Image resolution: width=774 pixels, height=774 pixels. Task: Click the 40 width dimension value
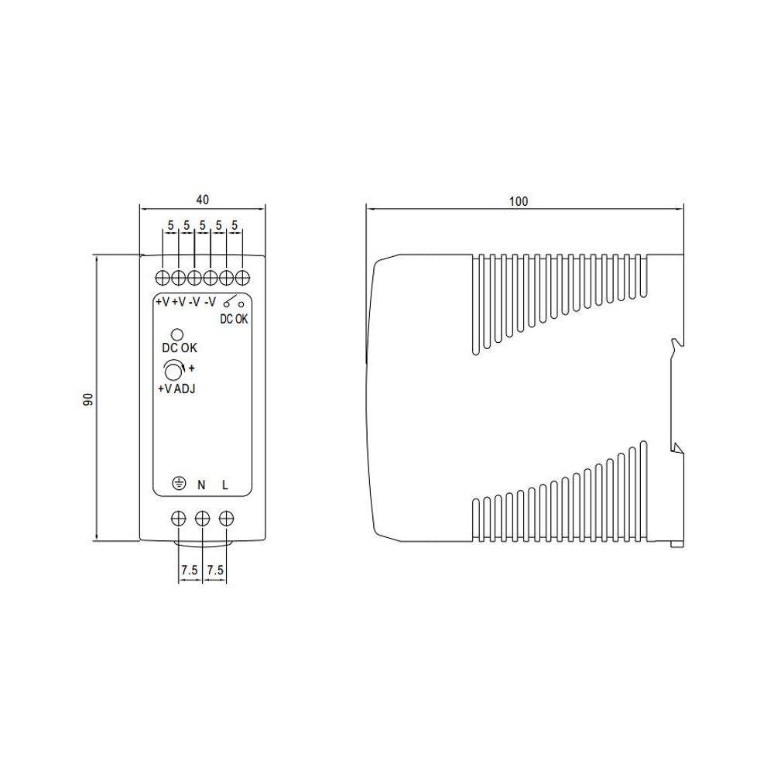[x=202, y=199]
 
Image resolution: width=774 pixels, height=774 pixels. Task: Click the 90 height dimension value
[x=88, y=399]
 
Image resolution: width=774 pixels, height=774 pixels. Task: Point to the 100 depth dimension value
[x=519, y=201]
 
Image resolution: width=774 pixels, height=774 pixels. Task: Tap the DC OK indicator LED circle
[x=177, y=334]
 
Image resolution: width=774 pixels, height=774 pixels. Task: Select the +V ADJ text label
[x=176, y=389]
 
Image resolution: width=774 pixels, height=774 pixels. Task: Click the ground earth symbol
[x=179, y=485]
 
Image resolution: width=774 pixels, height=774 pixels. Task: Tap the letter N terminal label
[x=202, y=485]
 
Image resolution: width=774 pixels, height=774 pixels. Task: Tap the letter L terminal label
[x=225, y=485]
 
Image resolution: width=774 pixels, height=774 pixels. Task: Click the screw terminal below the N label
[x=203, y=518]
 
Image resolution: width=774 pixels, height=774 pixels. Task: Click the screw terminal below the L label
[x=226, y=518]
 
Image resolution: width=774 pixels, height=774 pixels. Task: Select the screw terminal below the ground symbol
[x=179, y=518]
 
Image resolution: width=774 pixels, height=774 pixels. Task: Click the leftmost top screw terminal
[x=163, y=278]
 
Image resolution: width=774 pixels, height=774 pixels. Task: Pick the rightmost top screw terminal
[x=242, y=278]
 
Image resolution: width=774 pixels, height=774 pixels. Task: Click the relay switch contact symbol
[x=234, y=303]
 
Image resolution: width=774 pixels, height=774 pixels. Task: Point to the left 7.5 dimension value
[x=190, y=570]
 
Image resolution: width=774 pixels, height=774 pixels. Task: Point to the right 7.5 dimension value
[x=215, y=570]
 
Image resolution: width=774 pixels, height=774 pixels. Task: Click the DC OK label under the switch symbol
[x=235, y=318]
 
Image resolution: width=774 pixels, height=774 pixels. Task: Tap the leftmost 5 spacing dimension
[x=170, y=225]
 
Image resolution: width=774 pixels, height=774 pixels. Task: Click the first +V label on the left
[x=162, y=302]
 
